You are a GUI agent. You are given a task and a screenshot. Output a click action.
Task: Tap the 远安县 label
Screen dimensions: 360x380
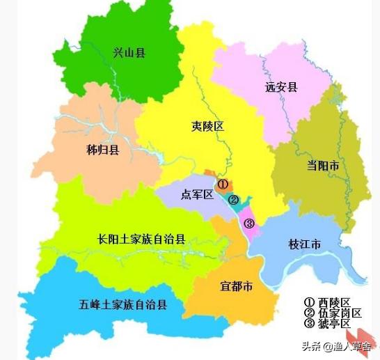click(281, 87)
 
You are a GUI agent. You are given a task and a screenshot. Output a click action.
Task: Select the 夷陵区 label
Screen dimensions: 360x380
click(207, 126)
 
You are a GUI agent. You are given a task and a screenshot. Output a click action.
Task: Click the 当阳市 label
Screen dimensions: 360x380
click(323, 166)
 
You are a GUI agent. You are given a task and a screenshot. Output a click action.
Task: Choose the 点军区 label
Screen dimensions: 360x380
click(197, 194)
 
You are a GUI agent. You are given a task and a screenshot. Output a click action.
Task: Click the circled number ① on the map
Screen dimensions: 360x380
click(223, 185)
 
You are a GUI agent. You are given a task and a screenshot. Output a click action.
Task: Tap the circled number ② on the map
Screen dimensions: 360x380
click(235, 201)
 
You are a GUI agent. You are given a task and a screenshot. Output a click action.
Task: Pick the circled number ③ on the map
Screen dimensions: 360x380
click(250, 224)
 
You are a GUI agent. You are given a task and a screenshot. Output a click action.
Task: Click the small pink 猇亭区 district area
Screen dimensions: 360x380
click(248, 221)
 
